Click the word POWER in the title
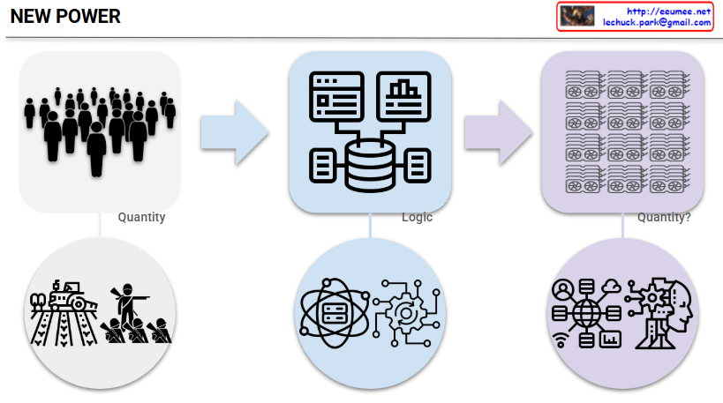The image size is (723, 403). tap(87, 17)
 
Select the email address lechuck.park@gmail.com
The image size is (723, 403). tap(657, 22)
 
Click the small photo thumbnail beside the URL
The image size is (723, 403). tap(578, 16)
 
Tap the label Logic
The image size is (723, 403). tap(417, 217)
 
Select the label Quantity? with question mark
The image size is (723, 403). tap(664, 217)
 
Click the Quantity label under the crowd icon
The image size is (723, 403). tap(141, 217)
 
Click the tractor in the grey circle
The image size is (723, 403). tap(66, 296)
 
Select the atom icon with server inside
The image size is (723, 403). tap(334, 314)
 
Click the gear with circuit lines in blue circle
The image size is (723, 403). tap(407, 314)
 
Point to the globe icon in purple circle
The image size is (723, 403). tap(586, 314)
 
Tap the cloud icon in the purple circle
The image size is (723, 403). tap(611, 286)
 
